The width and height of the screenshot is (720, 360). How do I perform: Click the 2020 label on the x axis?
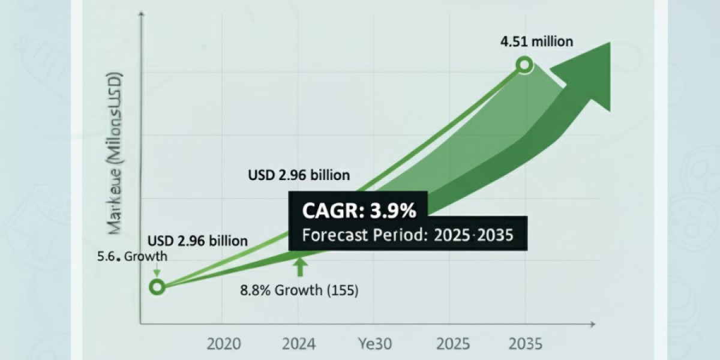coord(224,344)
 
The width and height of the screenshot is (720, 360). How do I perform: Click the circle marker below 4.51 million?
coord(525,65)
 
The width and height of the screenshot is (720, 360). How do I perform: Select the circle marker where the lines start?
coord(157,287)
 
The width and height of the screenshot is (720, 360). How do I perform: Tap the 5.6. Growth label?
coord(133,257)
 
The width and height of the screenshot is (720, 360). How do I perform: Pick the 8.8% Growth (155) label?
coord(299,292)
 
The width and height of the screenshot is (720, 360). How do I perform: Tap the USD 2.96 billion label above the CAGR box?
coord(299,176)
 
